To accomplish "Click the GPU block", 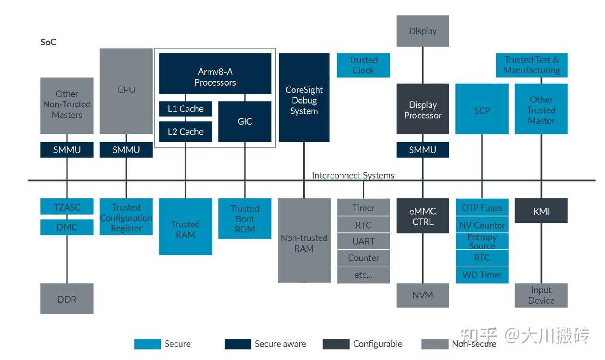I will click(126, 90).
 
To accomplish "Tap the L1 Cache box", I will click(185, 109).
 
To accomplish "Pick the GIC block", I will click(245, 121).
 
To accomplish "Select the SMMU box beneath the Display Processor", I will click(423, 150).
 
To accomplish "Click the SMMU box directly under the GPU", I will click(126, 150).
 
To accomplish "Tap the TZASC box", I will click(67, 207).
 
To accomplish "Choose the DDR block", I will click(67, 299).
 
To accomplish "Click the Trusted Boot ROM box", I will click(245, 219).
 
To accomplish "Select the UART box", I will click(363, 241).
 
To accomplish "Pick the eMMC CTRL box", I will click(423, 217).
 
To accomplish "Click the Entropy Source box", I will click(482, 242).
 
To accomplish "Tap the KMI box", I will click(541, 211).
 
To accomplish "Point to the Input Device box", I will click(541, 295).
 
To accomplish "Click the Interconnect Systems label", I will click(353, 175).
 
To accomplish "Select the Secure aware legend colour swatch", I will click(238, 344).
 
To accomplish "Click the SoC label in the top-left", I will click(48, 42).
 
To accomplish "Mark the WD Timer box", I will click(482, 275).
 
